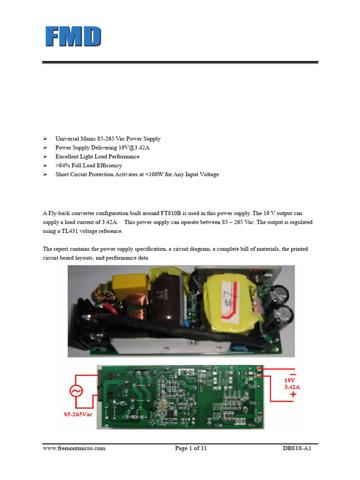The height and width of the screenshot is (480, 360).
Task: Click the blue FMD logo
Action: (73, 37)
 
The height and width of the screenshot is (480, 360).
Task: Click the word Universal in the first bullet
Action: (68, 139)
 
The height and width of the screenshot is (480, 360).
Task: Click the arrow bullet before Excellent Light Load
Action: (45, 157)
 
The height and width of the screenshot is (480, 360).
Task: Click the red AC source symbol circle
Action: (76, 391)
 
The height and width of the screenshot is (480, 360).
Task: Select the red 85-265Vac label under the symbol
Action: (78, 414)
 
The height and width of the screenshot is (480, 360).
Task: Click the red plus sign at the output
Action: (293, 395)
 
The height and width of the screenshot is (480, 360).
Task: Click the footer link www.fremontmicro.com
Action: (74, 448)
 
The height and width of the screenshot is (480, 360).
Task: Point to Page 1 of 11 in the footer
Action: (191, 448)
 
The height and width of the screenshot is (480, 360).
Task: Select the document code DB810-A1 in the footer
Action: (297, 448)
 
